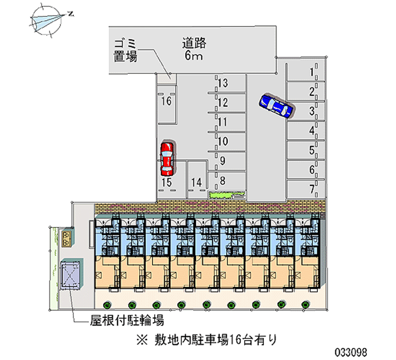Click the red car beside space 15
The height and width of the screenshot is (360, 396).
pyautogui.click(x=167, y=159)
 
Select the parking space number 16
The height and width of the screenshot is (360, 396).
pyautogui.click(x=166, y=102)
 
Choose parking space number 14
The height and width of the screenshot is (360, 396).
pyautogui.click(x=197, y=183)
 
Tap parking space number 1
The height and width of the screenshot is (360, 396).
pyautogui.click(x=312, y=72)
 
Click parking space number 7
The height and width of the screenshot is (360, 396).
pyautogui.click(x=312, y=189)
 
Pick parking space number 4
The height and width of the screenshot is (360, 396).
pyautogui.click(x=312, y=131)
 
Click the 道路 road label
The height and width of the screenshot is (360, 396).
pyautogui.click(x=194, y=44)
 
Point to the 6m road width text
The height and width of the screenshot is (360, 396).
pyautogui.click(x=194, y=56)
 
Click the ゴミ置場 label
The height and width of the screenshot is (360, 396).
pyautogui.click(x=125, y=50)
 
